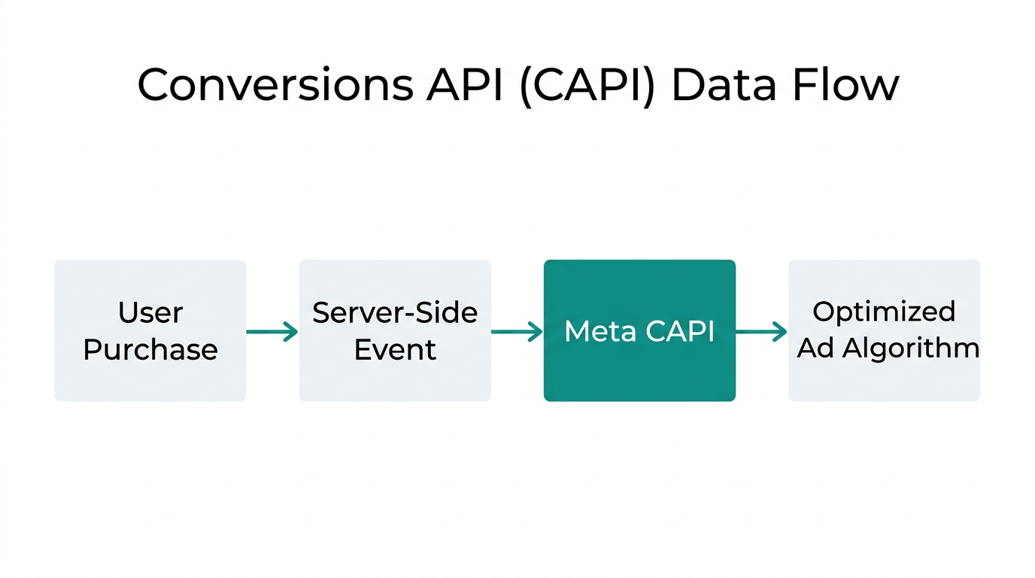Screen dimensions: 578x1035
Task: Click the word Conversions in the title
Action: click(275, 84)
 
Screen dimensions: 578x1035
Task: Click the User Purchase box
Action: click(150, 330)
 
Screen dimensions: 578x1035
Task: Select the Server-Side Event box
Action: click(395, 330)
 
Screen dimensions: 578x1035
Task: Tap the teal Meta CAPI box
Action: click(639, 330)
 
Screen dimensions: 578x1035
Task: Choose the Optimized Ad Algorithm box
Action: click(884, 330)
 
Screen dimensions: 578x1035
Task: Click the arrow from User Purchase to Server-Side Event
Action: click(272, 331)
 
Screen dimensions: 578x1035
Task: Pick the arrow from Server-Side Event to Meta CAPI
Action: click(517, 331)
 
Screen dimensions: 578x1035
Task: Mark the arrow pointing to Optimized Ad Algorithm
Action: click(761, 331)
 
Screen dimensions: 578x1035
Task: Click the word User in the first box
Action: click(150, 312)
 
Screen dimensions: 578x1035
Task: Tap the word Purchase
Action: click(150, 350)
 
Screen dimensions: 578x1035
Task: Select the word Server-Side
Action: click(395, 312)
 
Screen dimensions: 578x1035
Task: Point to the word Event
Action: click(395, 350)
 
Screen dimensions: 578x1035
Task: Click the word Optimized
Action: click(884, 311)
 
